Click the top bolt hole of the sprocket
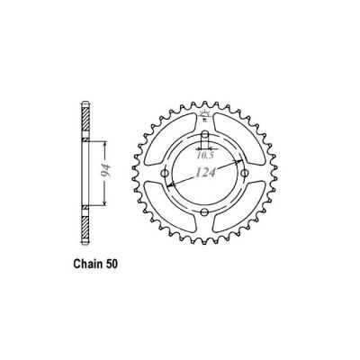coord(205,138)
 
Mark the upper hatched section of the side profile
coord(86,118)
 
